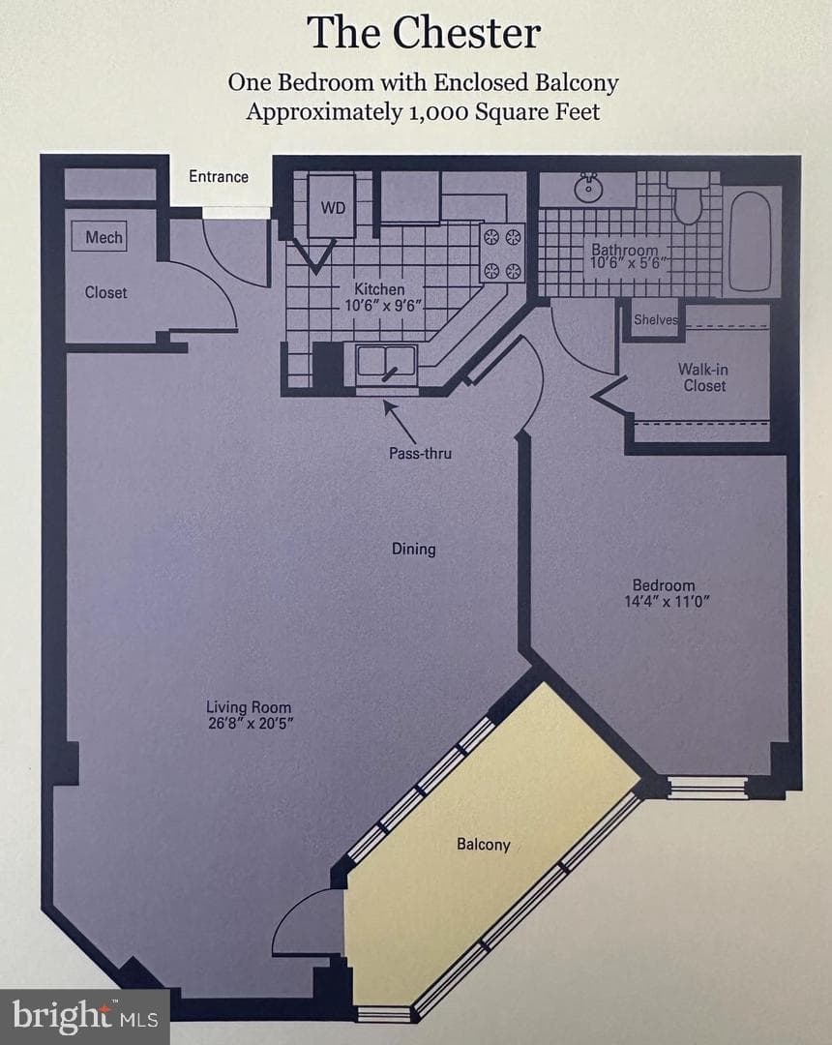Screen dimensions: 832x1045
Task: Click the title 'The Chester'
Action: (424, 32)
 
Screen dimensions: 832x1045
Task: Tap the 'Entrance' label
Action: (219, 177)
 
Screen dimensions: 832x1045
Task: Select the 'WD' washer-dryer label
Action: (333, 208)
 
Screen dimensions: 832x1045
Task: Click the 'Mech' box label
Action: (104, 237)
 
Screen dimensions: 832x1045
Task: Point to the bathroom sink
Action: (588, 188)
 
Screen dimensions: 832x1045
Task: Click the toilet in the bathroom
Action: (688, 197)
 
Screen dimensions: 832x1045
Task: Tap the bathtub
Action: (750, 241)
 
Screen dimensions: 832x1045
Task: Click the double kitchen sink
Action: (386, 363)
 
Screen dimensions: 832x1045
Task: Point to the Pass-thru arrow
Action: (400, 422)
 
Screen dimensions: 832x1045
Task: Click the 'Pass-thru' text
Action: (420, 453)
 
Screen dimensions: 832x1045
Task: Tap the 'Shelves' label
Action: (656, 320)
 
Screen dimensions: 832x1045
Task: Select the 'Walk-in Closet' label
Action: (703, 377)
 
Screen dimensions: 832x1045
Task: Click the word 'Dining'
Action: (414, 550)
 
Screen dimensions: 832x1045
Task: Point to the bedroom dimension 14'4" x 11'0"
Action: (667, 602)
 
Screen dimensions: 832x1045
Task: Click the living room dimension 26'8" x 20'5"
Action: (251, 724)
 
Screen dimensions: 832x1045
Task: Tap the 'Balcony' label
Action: (484, 845)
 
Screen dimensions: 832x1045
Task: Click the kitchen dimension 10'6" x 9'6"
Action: (383, 306)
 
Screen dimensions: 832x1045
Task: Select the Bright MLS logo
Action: (84, 1016)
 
